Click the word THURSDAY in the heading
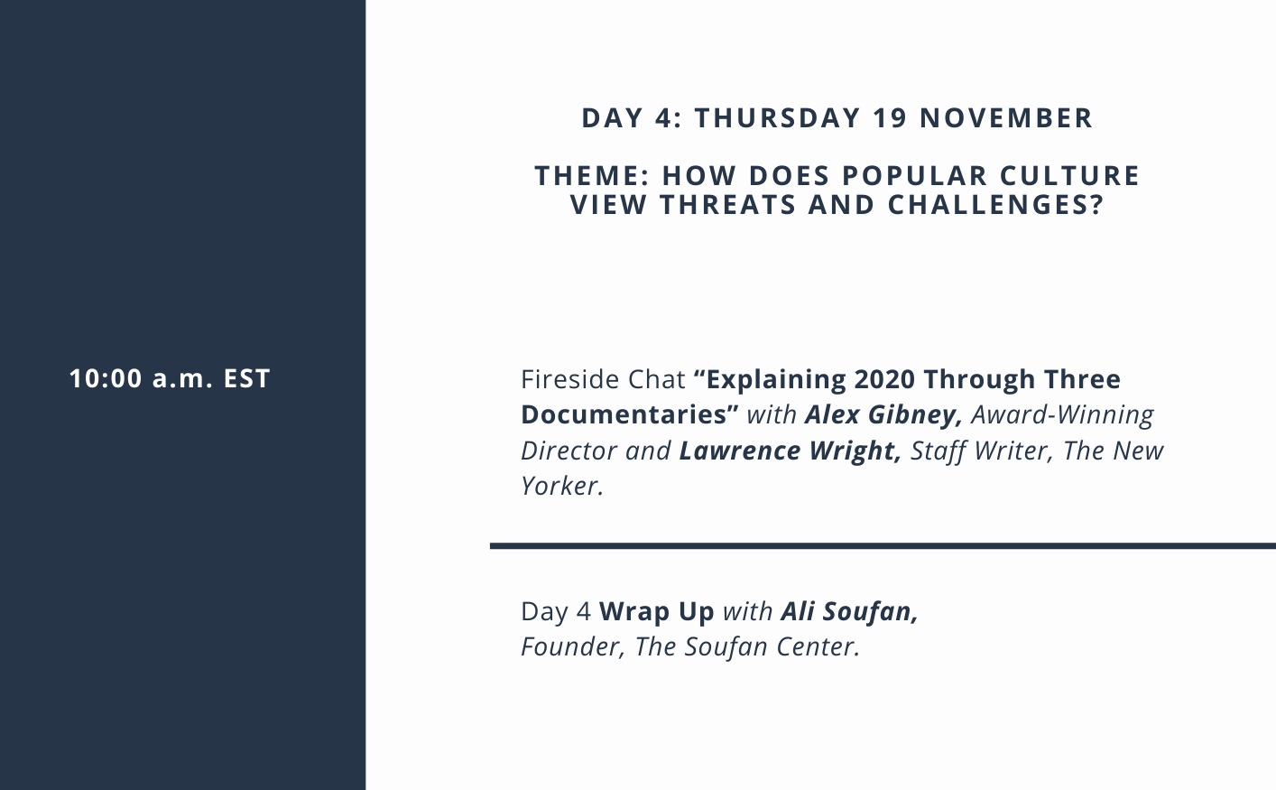click(777, 118)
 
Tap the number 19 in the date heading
click(890, 118)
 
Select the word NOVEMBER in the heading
click(1006, 118)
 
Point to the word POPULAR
click(914, 176)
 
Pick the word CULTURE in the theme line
click(1069, 176)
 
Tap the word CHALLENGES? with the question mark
click(995, 205)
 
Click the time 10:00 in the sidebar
click(106, 378)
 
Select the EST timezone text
click(246, 378)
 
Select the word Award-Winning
click(1062, 415)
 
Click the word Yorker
click(562, 487)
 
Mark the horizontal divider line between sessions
click(883, 546)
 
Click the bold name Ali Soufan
click(849, 611)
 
